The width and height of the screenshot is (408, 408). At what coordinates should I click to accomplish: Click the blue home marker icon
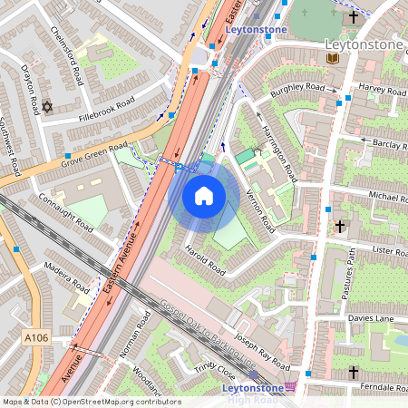(204, 196)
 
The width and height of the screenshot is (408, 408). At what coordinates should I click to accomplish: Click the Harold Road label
(204, 257)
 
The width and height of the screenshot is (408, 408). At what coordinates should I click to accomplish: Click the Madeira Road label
(65, 277)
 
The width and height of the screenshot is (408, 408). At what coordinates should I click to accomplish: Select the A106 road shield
(35, 338)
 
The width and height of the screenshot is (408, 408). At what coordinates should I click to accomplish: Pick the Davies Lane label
(374, 318)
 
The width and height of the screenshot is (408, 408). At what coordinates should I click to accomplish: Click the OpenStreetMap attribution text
(92, 402)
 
